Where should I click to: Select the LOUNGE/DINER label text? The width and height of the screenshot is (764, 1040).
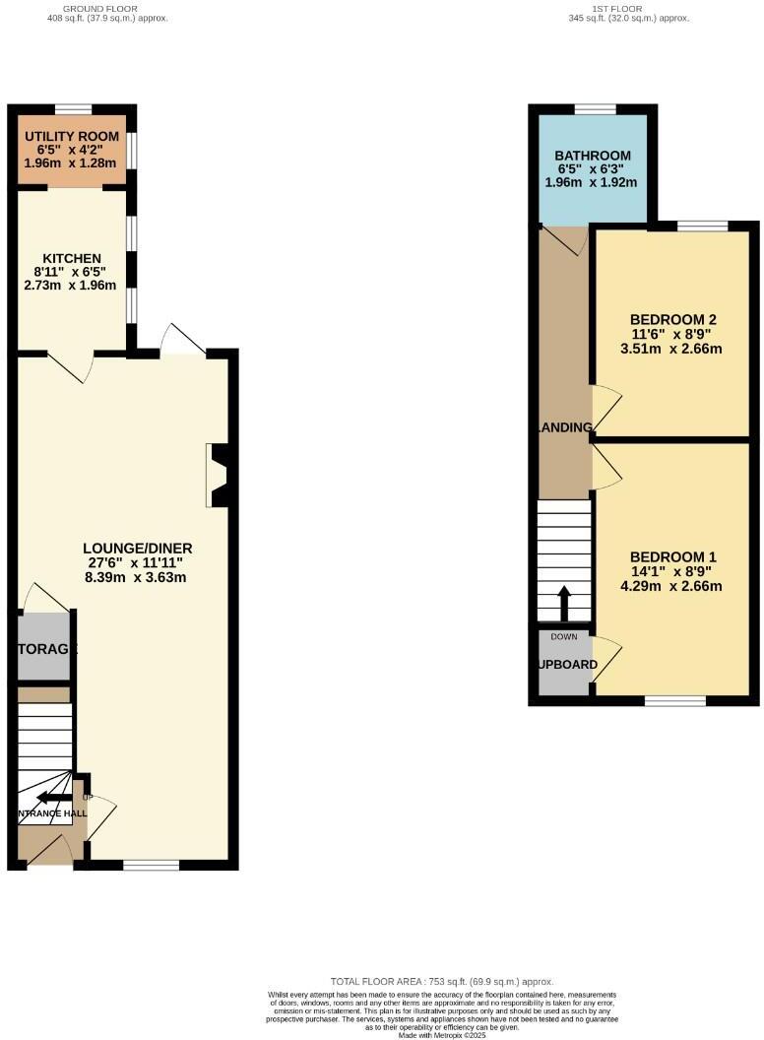(x=137, y=549)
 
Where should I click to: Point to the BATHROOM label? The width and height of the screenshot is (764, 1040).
(x=592, y=156)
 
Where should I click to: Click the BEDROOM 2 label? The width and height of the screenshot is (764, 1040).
(x=672, y=319)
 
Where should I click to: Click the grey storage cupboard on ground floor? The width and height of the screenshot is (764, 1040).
(x=43, y=647)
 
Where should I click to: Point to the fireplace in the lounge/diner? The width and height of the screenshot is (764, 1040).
(x=219, y=476)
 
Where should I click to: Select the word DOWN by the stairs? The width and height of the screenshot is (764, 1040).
(x=564, y=637)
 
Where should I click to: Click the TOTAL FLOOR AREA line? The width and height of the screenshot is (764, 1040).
(x=442, y=982)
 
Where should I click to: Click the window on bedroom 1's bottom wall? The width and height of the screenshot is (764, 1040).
(x=675, y=700)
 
